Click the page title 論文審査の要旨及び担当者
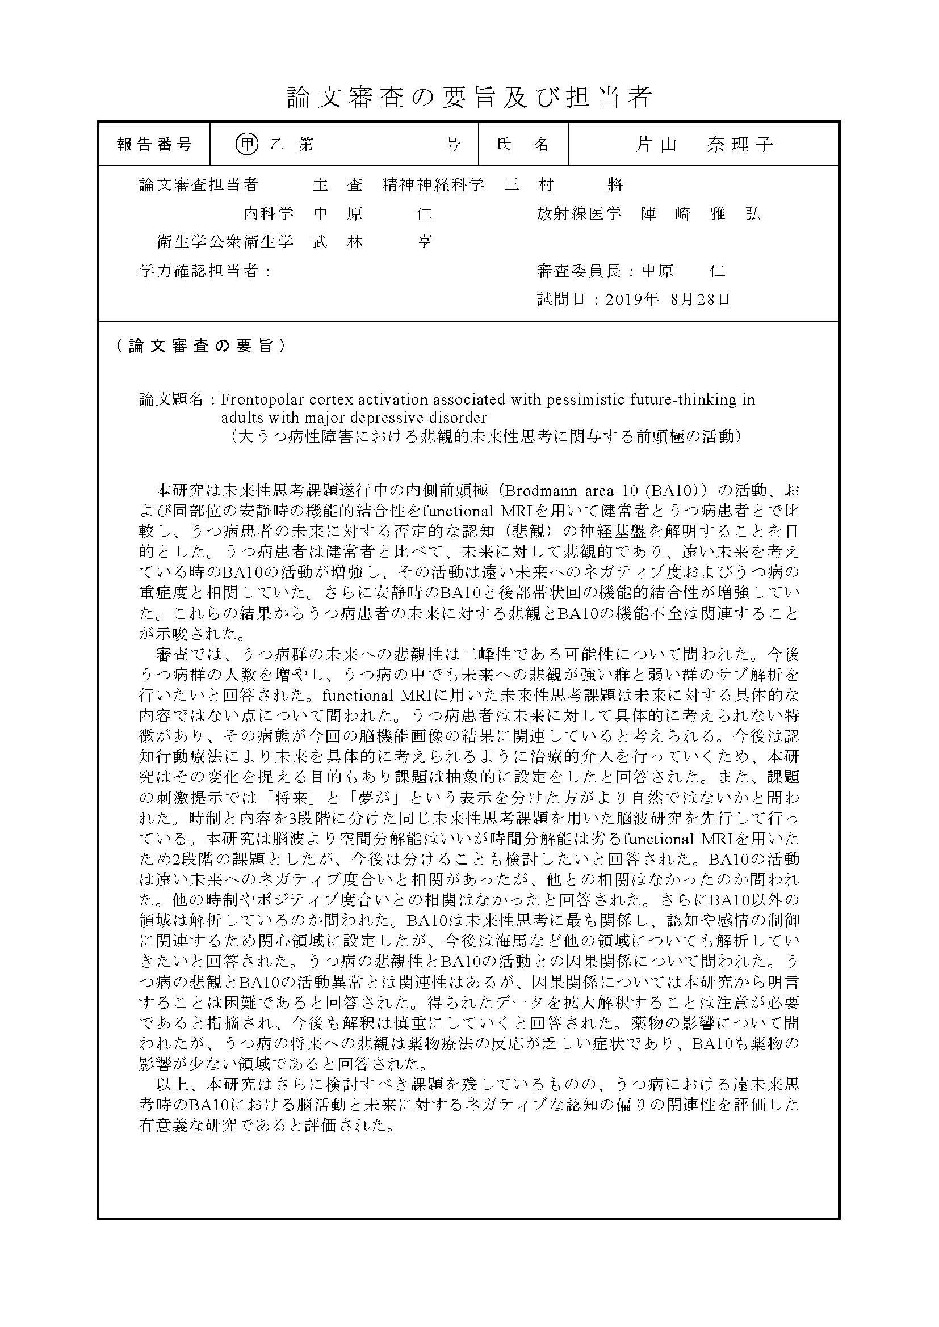pos(469,98)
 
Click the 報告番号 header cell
pos(154,144)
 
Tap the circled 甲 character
pos(247,144)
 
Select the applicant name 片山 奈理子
pos(703,144)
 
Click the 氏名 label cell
pos(523,144)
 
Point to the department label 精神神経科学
pos(433,185)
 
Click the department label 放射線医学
pos(579,213)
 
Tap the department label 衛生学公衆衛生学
pos(225,242)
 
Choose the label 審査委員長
pos(583,271)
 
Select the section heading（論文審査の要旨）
pos(200,346)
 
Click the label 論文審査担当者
pos(198,185)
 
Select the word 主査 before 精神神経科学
pos(338,185)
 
